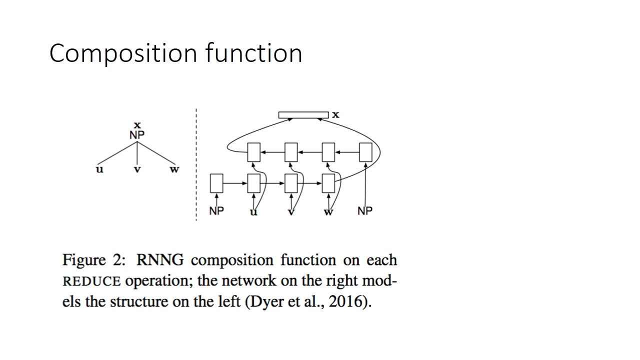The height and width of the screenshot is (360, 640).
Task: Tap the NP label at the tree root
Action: coord(137,134)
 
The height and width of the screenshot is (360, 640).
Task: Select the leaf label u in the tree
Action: coord(100,169)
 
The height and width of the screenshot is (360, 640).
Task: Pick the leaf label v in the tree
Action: coord(137,170)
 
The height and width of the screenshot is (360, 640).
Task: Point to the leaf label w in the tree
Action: coord(174,169)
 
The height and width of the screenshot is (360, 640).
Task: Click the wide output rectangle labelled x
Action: coord(303,115)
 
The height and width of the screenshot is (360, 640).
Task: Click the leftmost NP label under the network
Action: coord(216,211)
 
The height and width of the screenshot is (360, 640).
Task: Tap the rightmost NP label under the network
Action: coord(365,211)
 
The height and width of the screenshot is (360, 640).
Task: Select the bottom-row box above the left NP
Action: coord(216,183)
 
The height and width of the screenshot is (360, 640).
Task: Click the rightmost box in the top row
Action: coord(365,152)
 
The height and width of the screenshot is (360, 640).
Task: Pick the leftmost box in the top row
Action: coord(254,152)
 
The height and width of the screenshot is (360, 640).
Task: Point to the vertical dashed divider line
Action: coord(196,165)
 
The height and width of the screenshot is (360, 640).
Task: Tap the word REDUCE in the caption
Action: coord(91,281)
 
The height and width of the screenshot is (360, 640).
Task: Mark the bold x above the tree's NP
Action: coord(137,124)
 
